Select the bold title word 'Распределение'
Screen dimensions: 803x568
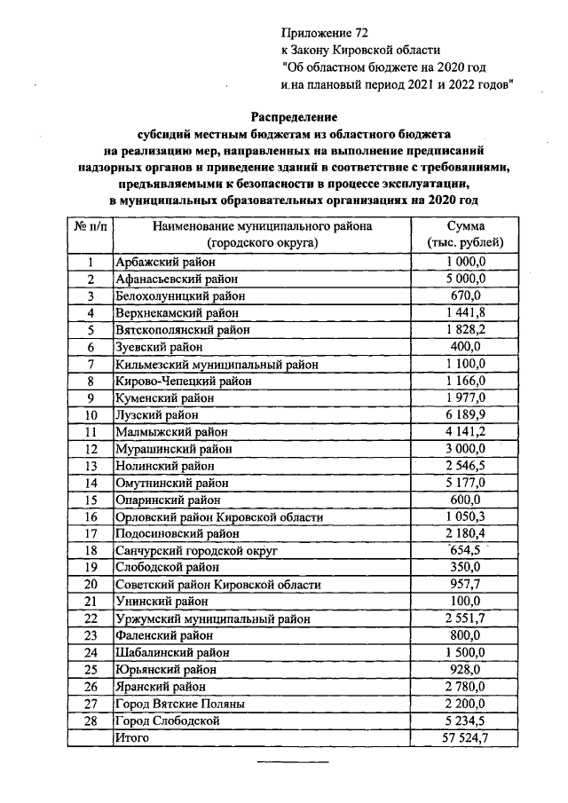click(294, 116)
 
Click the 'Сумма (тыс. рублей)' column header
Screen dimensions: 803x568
click(465, 234)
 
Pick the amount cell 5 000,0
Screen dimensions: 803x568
click(465, 279)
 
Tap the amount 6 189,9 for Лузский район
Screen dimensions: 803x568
click(465, 414)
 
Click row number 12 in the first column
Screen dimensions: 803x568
click(90, 449)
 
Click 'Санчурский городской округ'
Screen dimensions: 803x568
click(197, 551)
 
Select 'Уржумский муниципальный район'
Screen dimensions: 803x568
click(213, 618)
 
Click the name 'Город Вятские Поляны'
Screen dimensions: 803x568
click(180, 704)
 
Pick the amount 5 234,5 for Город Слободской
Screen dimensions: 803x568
click(465, 720)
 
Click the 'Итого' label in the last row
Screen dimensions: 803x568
click(130, 737)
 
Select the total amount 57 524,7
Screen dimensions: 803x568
click(465, 737)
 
